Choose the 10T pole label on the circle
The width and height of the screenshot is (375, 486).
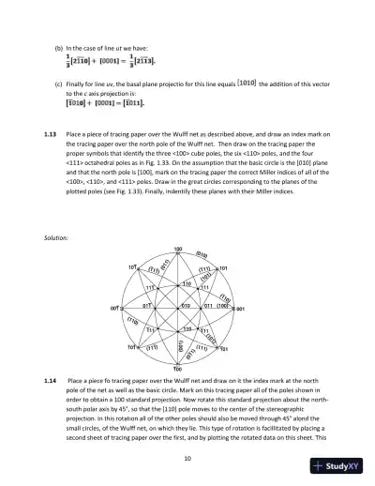133,266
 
